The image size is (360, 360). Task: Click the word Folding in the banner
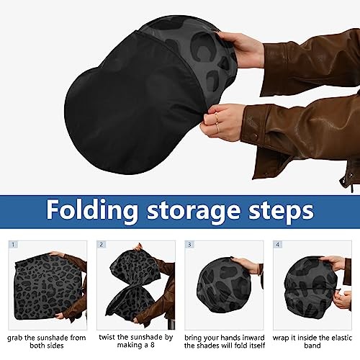tap(92, 210)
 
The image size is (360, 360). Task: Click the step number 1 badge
tap(13, 245)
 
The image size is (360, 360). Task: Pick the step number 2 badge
tap(102, 245)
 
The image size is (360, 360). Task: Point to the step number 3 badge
tap(189, 245)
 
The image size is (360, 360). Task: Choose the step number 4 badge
tap(278, 245)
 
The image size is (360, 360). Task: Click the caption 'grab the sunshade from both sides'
tap(47, 342)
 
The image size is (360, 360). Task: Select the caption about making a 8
tap(136, 341)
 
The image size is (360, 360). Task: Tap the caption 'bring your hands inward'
tap(225, 338)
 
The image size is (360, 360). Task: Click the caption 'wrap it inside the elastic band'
tap(312, 342)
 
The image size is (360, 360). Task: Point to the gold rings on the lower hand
tap(217, 122)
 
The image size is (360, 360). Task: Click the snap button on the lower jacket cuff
tap(256, 136)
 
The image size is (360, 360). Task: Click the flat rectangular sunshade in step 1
tap(48, 287)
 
